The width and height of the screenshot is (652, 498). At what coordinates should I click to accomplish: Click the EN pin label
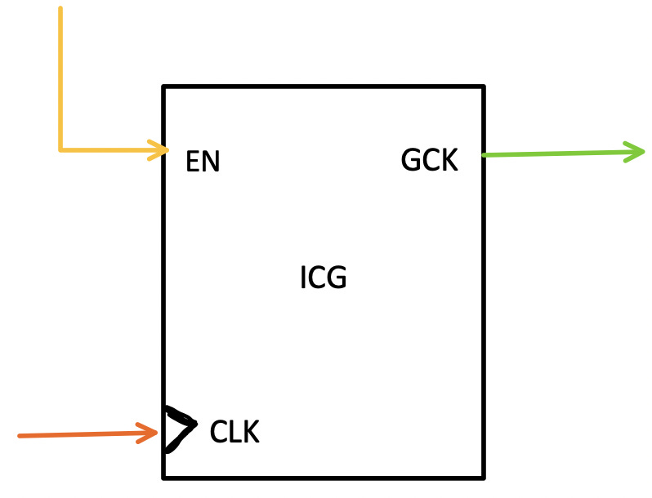203,162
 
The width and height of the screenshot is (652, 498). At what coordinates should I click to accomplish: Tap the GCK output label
429,160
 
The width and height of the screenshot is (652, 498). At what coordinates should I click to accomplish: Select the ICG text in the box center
324,278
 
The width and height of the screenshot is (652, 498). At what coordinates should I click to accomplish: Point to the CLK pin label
234,432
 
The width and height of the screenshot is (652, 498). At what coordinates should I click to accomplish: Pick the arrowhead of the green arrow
636,151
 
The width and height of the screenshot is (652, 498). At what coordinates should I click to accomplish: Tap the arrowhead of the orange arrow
150,433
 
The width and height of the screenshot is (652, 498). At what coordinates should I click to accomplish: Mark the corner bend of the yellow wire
60,149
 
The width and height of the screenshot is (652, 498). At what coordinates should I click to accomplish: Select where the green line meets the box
485,154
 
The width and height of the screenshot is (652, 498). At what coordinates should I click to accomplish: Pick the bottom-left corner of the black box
164,477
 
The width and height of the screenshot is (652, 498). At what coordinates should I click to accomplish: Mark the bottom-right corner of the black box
484,477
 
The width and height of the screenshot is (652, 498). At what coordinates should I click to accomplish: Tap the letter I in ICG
303,278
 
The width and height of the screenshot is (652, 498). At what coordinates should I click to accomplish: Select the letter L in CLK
235,432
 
